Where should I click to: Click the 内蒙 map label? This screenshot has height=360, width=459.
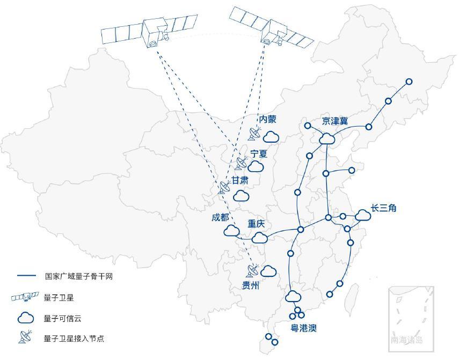[267, 119]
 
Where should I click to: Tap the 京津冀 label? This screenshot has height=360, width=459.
[335, 121]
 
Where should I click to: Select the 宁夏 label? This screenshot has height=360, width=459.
[259, 153]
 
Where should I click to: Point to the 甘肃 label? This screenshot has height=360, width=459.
[240, 180]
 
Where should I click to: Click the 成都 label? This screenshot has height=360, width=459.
[220, 217]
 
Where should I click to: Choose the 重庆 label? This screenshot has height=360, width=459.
[256, 224]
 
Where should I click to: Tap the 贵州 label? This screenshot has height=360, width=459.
[251, 286]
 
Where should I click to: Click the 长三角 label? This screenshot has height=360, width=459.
[383, 208]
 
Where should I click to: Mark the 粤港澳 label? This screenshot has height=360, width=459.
[304, 328]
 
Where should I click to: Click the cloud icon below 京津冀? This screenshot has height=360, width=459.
[326, 139]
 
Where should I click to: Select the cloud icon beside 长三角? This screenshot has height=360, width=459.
[363, 215]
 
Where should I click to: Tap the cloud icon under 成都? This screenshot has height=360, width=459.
[231, 231]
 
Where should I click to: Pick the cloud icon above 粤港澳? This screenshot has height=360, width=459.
[293, 296]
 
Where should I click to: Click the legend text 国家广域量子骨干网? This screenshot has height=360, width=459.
[78, 276]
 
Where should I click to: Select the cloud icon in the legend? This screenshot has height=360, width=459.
[26, 318]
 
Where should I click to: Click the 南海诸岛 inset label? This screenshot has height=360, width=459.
[407, 340]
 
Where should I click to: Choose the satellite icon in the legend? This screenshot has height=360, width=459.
[25, 297]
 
